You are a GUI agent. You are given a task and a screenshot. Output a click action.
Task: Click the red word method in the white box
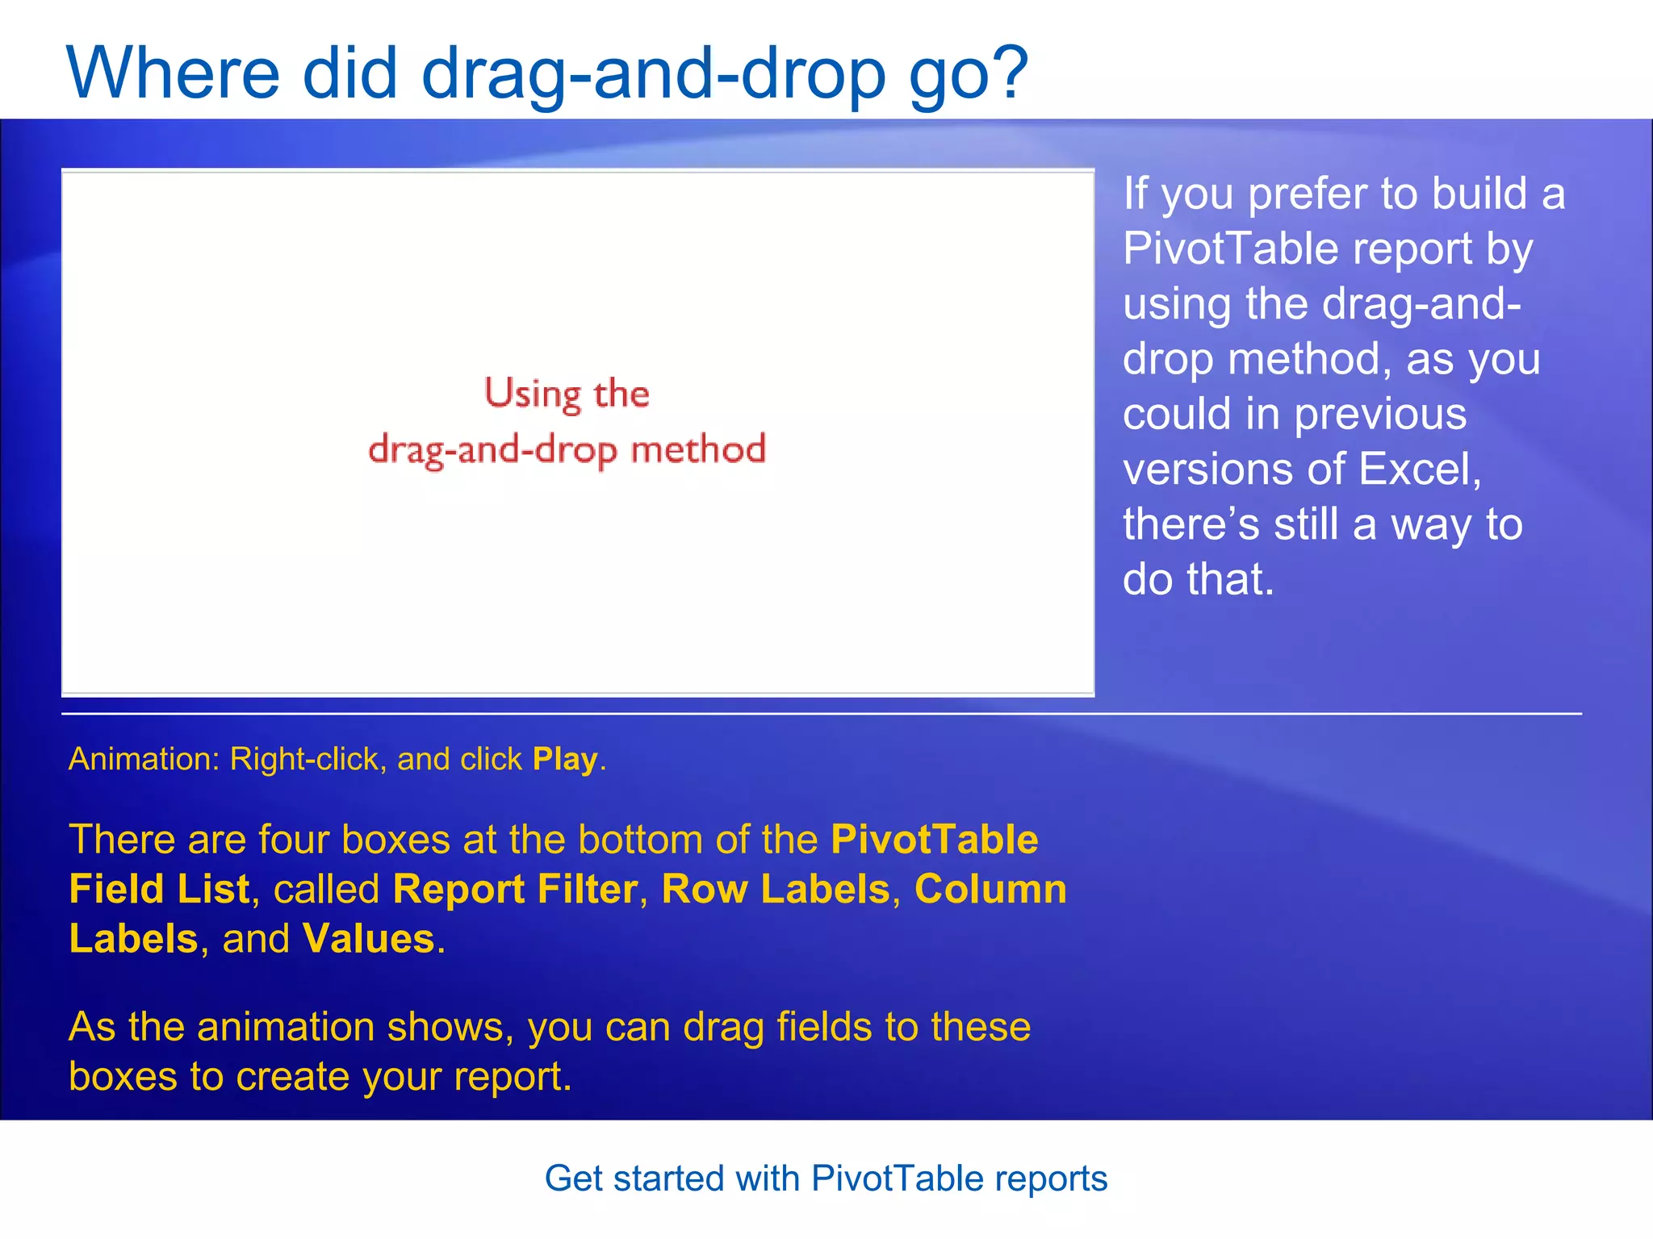(697, 449)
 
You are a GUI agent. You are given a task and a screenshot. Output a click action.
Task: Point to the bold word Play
(564, 760)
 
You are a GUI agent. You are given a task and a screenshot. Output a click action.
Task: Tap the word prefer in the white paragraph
(1307, 195)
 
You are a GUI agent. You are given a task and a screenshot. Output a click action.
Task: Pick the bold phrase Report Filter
(515, 890)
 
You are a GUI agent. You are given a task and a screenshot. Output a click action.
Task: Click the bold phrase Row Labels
(775, 890)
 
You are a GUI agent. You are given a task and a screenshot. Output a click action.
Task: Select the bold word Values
(368, 939)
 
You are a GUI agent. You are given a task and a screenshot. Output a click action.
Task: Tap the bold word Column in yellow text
(990, 890)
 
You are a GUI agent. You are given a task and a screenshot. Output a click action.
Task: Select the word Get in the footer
(574, 1179)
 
